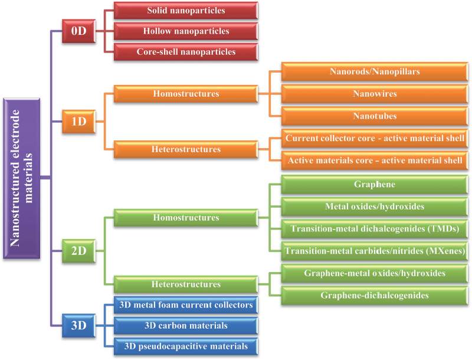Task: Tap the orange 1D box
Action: [x=78, y=122]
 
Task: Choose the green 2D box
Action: [x=78, y=250]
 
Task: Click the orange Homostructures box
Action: [x=186, y=93]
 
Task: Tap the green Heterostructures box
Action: [x=186, y=284]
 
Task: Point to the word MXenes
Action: [x=446, y=250]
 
